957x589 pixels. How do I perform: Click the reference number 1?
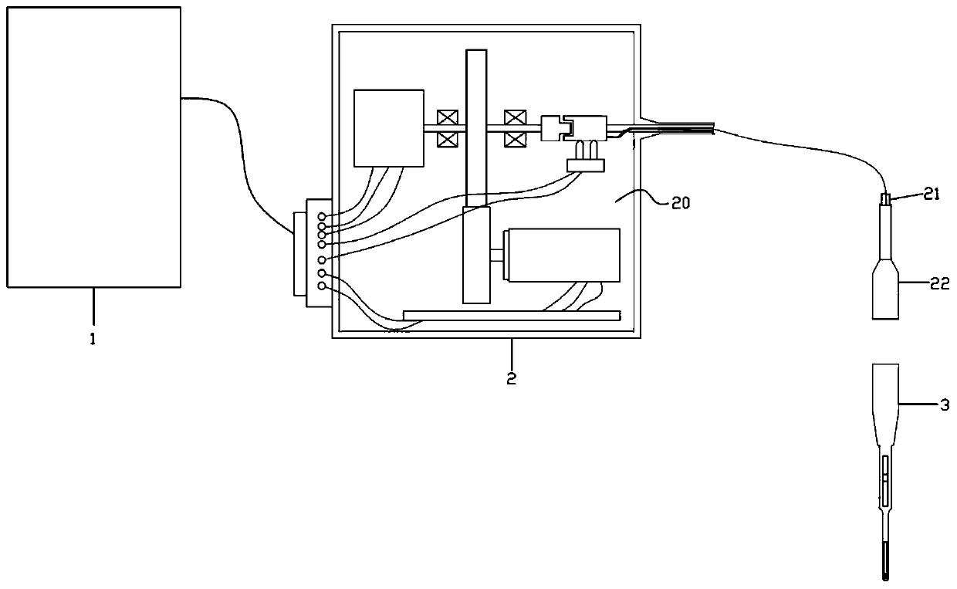(x=93, y=339)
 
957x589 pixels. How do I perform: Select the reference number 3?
(x=944, y=403)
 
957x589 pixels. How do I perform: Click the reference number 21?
(x=933, y=195)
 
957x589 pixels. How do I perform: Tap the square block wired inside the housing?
(x=388, y=128)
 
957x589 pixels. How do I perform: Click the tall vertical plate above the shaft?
(x=476, y=127)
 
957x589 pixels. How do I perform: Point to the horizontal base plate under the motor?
(x=511, y=315)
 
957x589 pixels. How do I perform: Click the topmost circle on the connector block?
(x=321, y=217)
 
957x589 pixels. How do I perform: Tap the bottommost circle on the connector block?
(x=321, y=286)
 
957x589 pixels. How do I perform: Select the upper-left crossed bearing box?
(x=446, y=118)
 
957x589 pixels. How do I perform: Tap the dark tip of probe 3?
(x=884, y=571)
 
